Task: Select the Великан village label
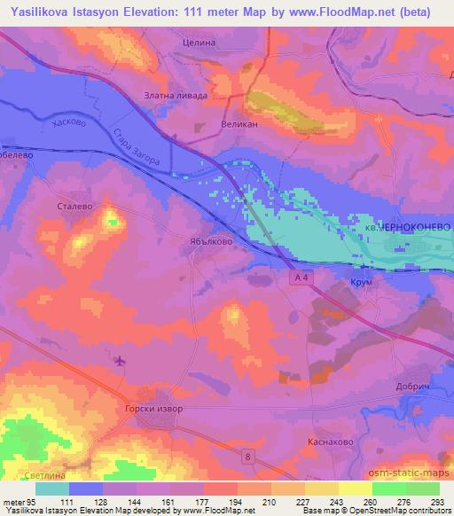click(x=239, y=125)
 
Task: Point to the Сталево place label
click(x=75, y=205)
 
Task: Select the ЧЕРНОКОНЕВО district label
click(x=413, y=228)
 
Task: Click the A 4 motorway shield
click(x=303, y=278)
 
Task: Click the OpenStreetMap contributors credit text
click(x=409, y=512)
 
